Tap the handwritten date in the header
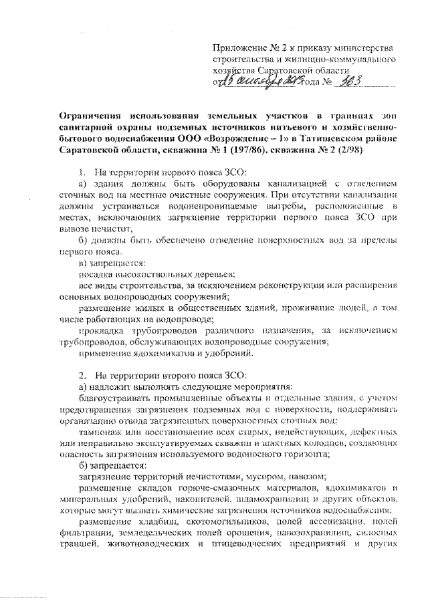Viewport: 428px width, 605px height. (x=257, y=82)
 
